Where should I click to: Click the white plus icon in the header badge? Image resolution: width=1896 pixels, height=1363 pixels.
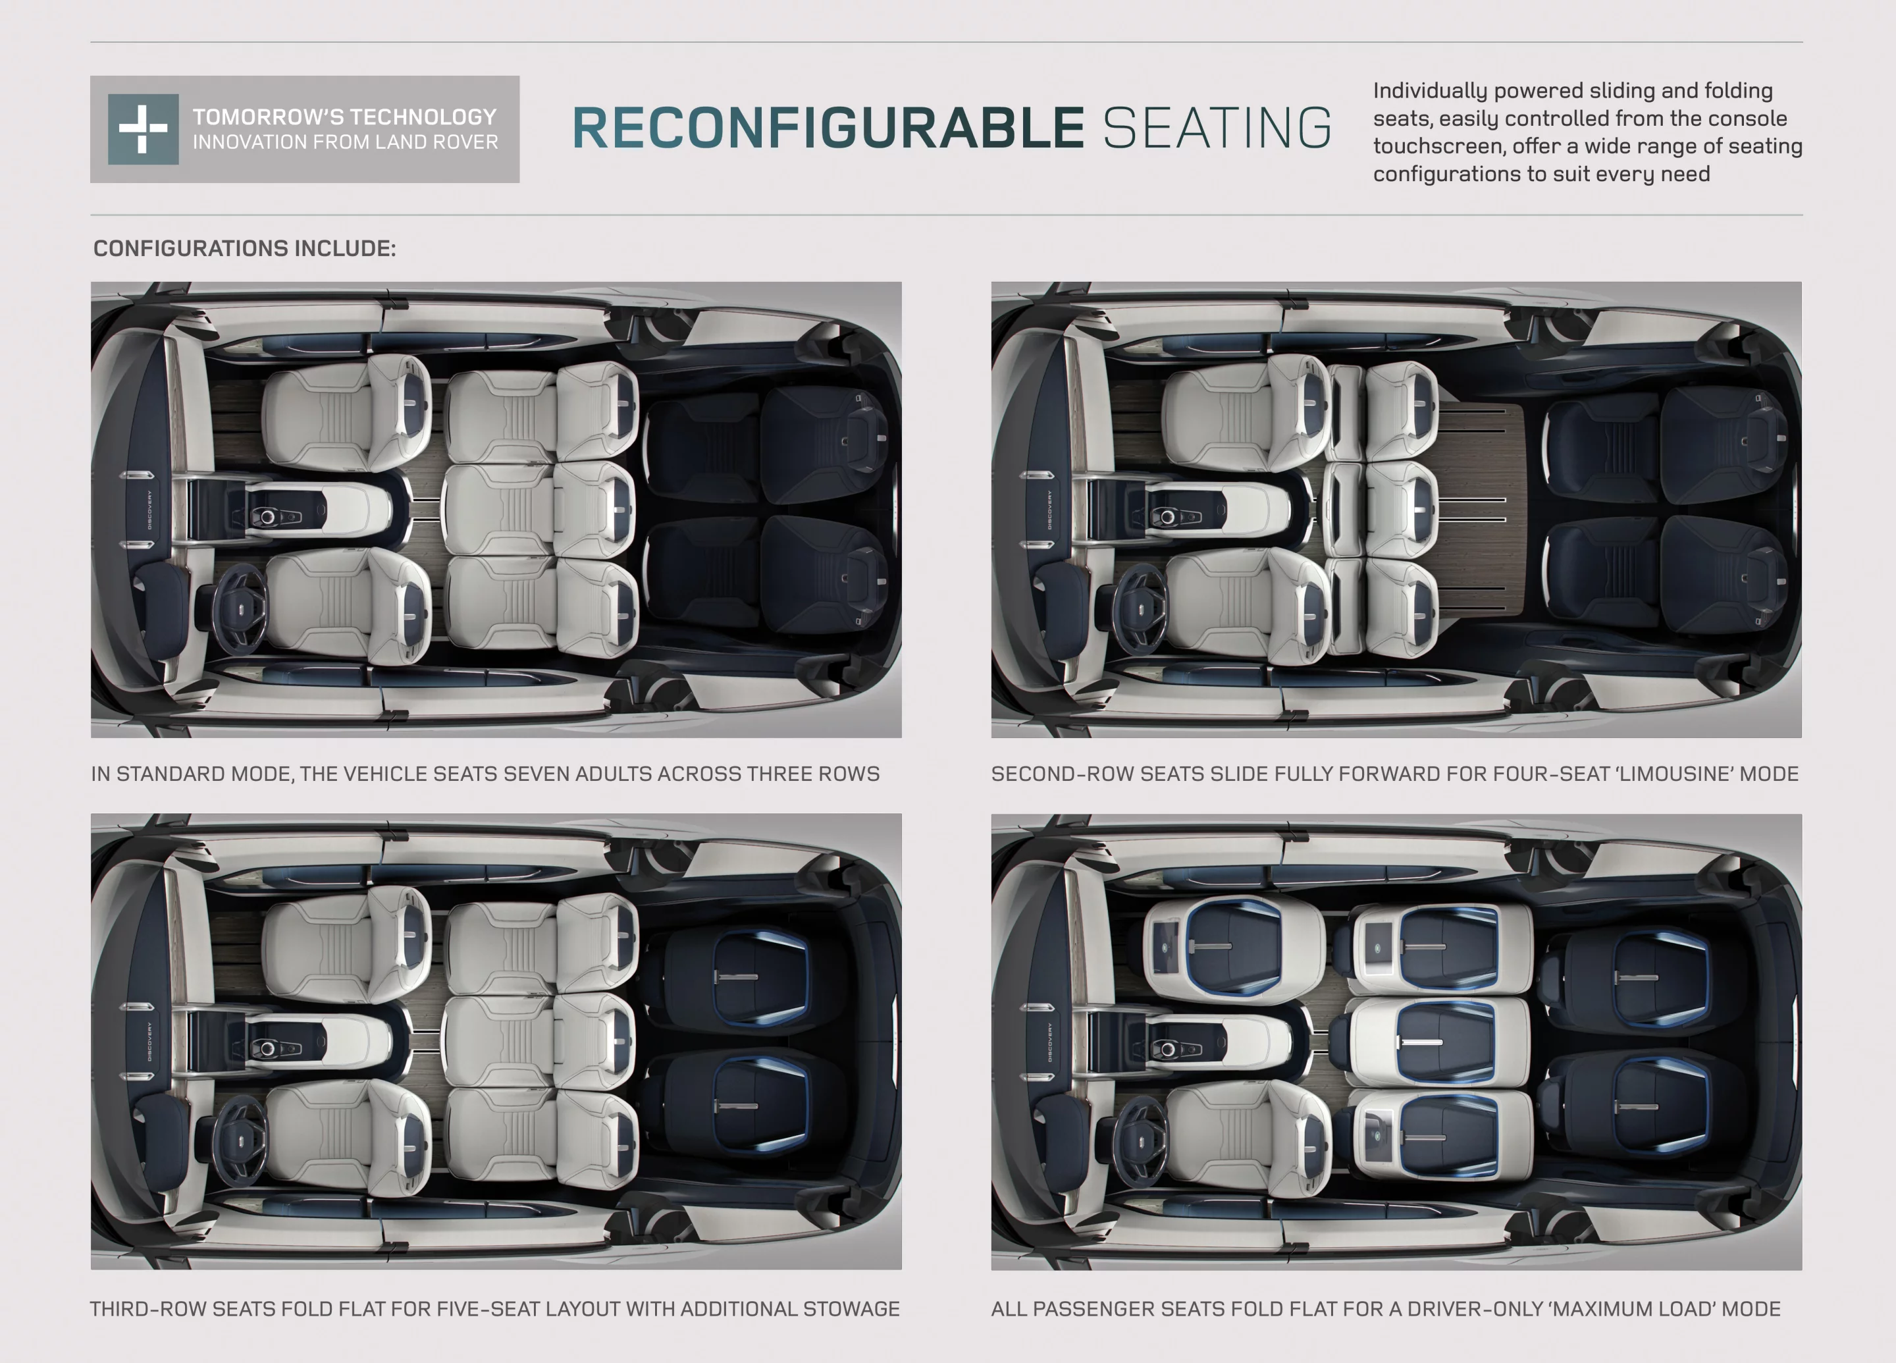[143, 129]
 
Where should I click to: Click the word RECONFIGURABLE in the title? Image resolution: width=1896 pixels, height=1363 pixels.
[828, 129]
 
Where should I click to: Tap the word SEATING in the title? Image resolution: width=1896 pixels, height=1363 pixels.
[1217, 129]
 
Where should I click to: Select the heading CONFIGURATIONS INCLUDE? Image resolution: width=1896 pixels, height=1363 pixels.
[244, 248]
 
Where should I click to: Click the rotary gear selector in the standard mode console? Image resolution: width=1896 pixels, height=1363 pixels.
[267, 518]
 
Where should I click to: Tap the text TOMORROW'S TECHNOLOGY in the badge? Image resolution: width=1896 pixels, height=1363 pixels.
[344, 117]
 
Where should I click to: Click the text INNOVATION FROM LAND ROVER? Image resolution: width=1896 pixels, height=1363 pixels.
[344, 143]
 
